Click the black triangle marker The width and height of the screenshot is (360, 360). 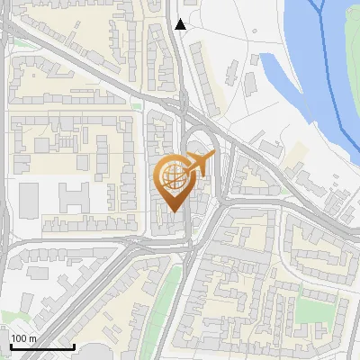click(x=181, y=24)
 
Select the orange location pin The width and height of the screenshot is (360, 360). click(x=174, y=183)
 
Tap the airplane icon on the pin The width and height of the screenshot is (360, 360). click(x=200, y=164)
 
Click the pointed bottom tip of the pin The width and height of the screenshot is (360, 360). click(x=173, y=211)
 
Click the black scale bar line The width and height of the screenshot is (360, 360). click(x=41, y=346)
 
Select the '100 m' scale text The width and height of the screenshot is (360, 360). click(x=24, y=338)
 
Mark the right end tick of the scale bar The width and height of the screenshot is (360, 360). click(x=74, y=345)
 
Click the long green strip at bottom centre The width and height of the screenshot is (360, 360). click(x=160, y=306)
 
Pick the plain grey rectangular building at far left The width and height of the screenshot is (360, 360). click(x=29, y=199)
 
